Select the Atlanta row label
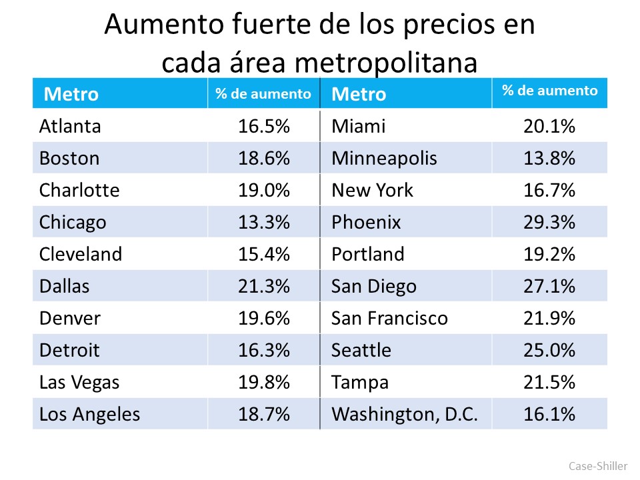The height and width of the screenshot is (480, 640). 70,126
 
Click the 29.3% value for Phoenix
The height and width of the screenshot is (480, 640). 549,222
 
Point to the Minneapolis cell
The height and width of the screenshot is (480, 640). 385,158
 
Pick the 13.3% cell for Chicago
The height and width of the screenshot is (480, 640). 264,222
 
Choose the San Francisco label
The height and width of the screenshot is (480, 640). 389,318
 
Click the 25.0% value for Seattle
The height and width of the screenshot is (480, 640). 549,350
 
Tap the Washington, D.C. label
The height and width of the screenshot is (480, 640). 405,414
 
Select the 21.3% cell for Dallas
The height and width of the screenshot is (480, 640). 264,286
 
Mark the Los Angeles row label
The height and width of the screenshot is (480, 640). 90,414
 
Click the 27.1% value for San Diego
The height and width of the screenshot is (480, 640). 549,286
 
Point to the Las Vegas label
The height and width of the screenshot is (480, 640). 79,382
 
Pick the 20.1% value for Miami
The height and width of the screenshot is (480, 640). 549,126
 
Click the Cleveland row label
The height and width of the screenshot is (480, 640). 81,254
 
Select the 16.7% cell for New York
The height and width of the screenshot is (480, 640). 549,190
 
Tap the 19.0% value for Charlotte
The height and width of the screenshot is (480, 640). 264,190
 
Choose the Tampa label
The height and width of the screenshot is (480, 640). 360,382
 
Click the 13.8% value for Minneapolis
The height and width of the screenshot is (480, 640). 549,158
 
